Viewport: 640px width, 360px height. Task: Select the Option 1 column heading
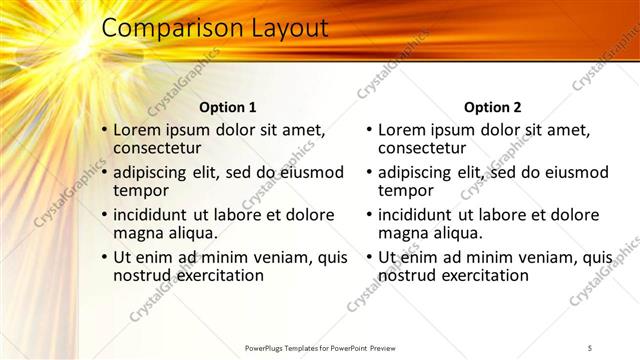pyautogui.click(x=228, y=107)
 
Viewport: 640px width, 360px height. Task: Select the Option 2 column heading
pyautogui.click(x=493, y=107)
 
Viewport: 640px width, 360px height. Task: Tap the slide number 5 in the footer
pyautogui.click(x=590, y=347)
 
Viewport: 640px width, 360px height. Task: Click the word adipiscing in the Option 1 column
pyautogui.click(x=158, y=172)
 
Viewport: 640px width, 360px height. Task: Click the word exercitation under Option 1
pyautogui.click(x=216, y=274)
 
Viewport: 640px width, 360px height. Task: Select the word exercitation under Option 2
pyautogui.click(x=481, y=274)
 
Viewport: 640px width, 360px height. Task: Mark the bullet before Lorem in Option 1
pyautogui.click(x=104, y=130)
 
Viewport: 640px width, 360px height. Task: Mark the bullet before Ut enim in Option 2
pyautogui.click(x=369, y=257)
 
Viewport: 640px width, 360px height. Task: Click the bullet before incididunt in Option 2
pyautogui.click(x=369, y=214)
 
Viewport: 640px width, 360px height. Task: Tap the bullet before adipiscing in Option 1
pyautogui.click(x=104, y=172)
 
